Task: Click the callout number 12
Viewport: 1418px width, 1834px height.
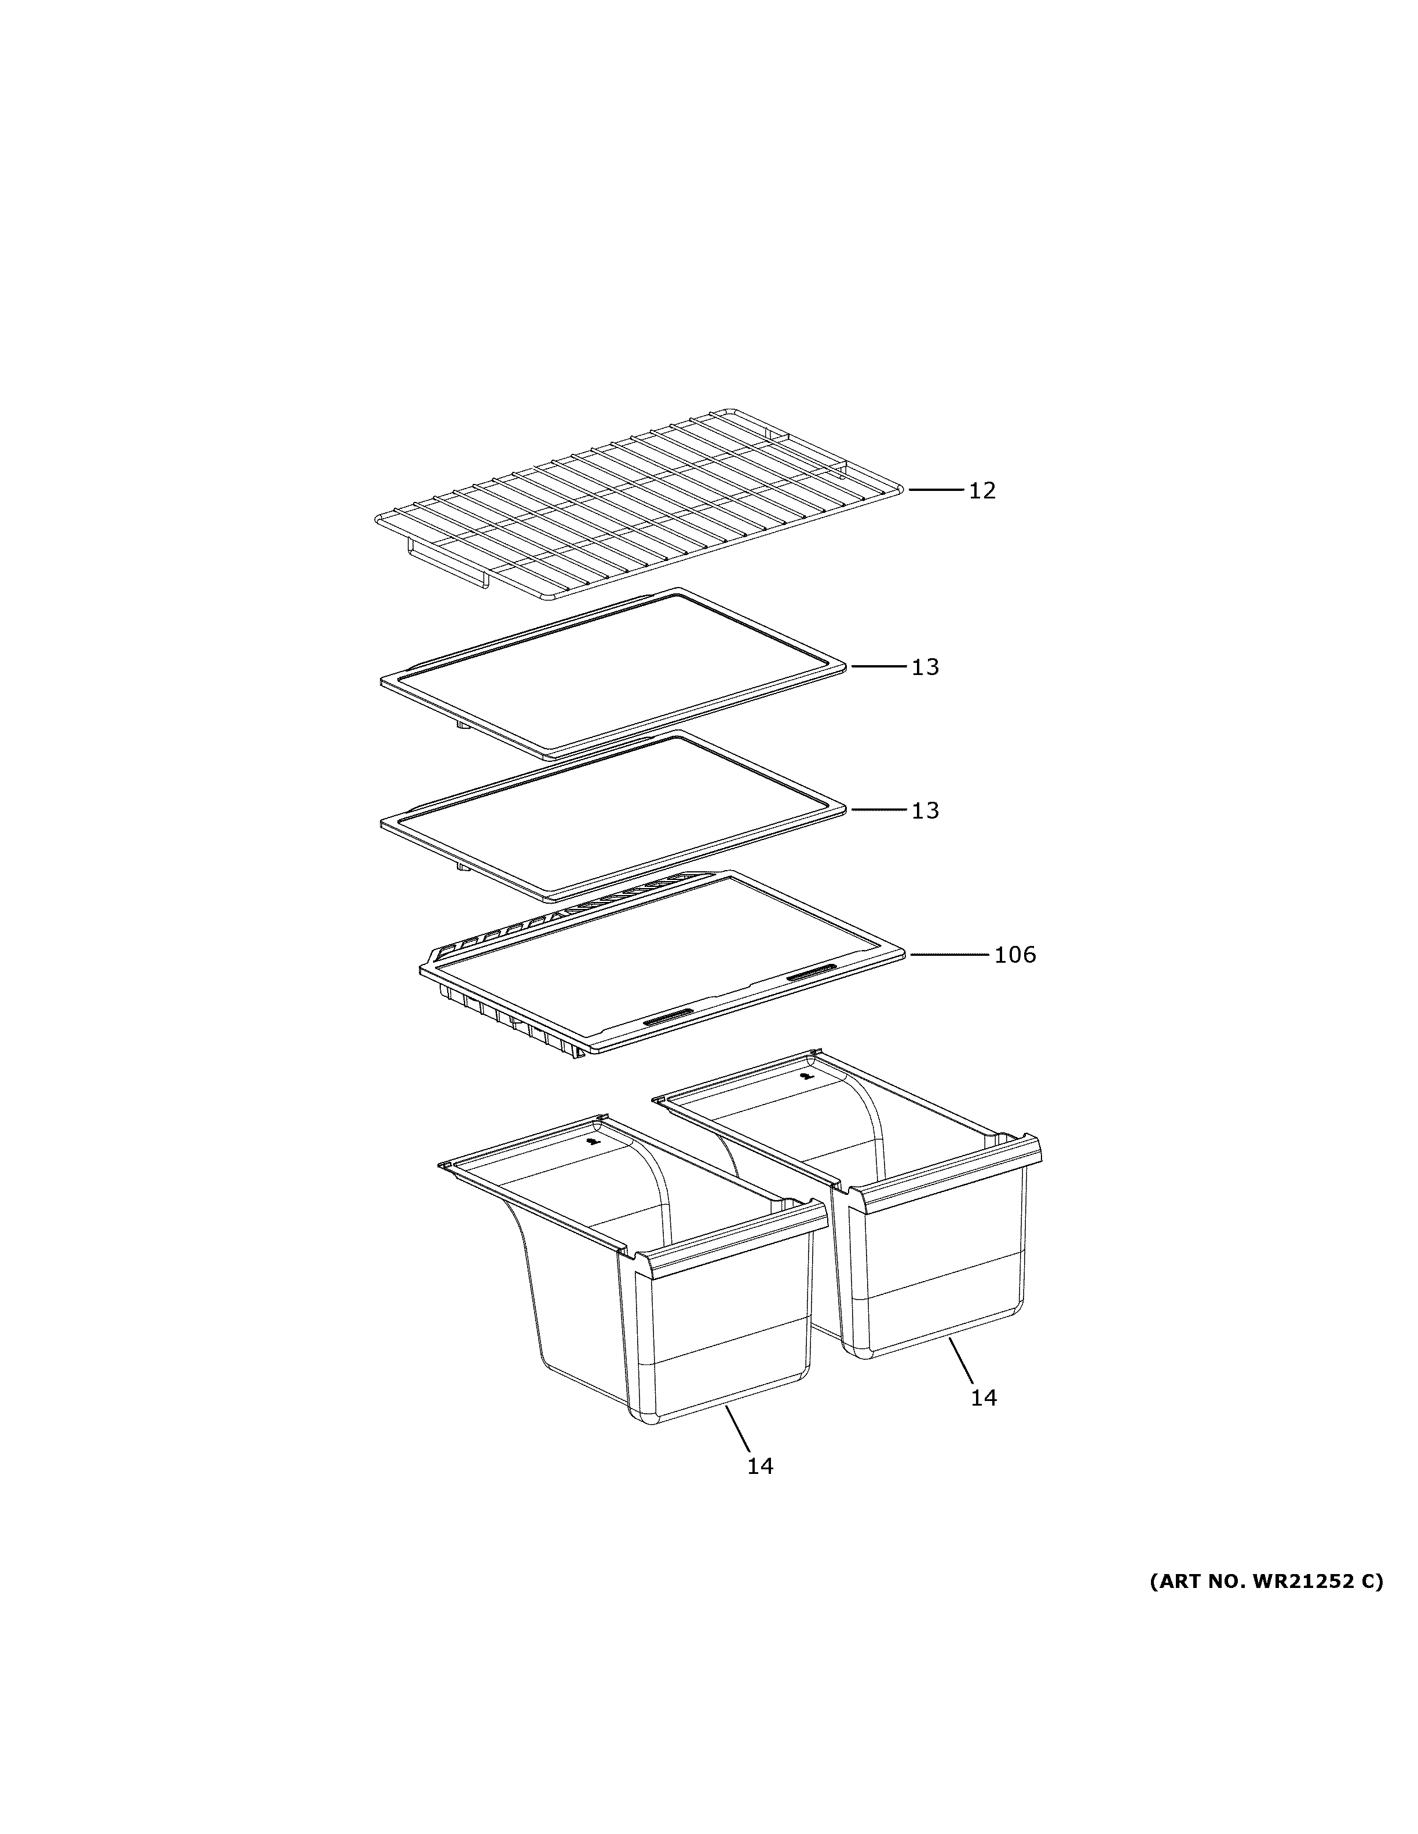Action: click(982, 490)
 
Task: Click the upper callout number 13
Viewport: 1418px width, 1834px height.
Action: click(925, 667)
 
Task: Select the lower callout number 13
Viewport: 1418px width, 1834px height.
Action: click(925, 810)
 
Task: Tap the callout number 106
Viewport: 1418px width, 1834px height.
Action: click(1015, 955)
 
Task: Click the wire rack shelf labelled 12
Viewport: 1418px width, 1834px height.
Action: click(638, 504)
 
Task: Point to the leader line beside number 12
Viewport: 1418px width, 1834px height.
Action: click(935, 489)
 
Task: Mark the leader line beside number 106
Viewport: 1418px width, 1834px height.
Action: click(949, 954)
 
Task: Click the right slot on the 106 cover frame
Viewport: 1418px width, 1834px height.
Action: click(812, 973)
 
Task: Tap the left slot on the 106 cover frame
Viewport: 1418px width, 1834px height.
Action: click(668, 1019)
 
